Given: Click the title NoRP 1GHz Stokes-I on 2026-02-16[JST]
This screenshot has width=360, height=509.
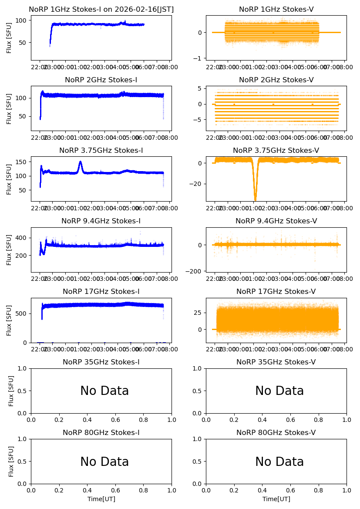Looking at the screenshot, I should coord(101,9).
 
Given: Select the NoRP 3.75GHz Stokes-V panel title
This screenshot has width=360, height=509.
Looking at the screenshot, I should coord(276,150).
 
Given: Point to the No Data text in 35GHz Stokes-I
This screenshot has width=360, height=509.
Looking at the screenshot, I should coord(104,391).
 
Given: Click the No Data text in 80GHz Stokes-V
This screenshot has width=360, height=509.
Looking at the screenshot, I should coord(279,462).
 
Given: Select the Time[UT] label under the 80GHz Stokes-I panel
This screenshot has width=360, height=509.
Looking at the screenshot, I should coord(101,499).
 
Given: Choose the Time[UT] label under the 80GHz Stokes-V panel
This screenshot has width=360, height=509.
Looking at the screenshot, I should coord(276,499).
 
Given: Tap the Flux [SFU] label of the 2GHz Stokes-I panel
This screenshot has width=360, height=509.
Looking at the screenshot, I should coord(9,108).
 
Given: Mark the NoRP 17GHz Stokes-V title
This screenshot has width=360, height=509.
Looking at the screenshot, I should coord(276,291).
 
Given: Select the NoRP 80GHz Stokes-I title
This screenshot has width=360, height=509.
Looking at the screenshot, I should coord(101,432).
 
